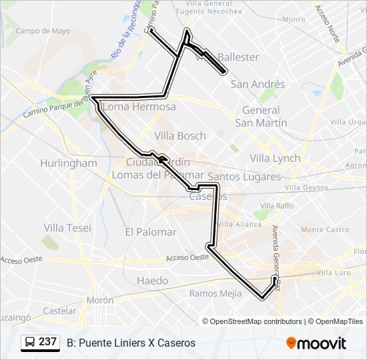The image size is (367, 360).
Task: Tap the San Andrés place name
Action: pos(258,84)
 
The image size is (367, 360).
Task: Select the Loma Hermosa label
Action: pos(140,107)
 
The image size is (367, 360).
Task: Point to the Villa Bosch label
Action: pos(180,135)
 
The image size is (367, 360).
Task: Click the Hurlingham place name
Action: pos(68,163)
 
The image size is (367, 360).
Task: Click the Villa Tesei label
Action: pos(67,227)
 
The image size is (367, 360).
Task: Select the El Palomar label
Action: pos(151,232)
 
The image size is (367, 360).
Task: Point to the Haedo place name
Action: pos(152,281)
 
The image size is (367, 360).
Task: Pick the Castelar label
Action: pos(59,311)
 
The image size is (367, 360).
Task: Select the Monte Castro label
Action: pos(325,229)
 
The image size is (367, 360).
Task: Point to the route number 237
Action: pos(47,342)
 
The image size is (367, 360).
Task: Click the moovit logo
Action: pos(316,343)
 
